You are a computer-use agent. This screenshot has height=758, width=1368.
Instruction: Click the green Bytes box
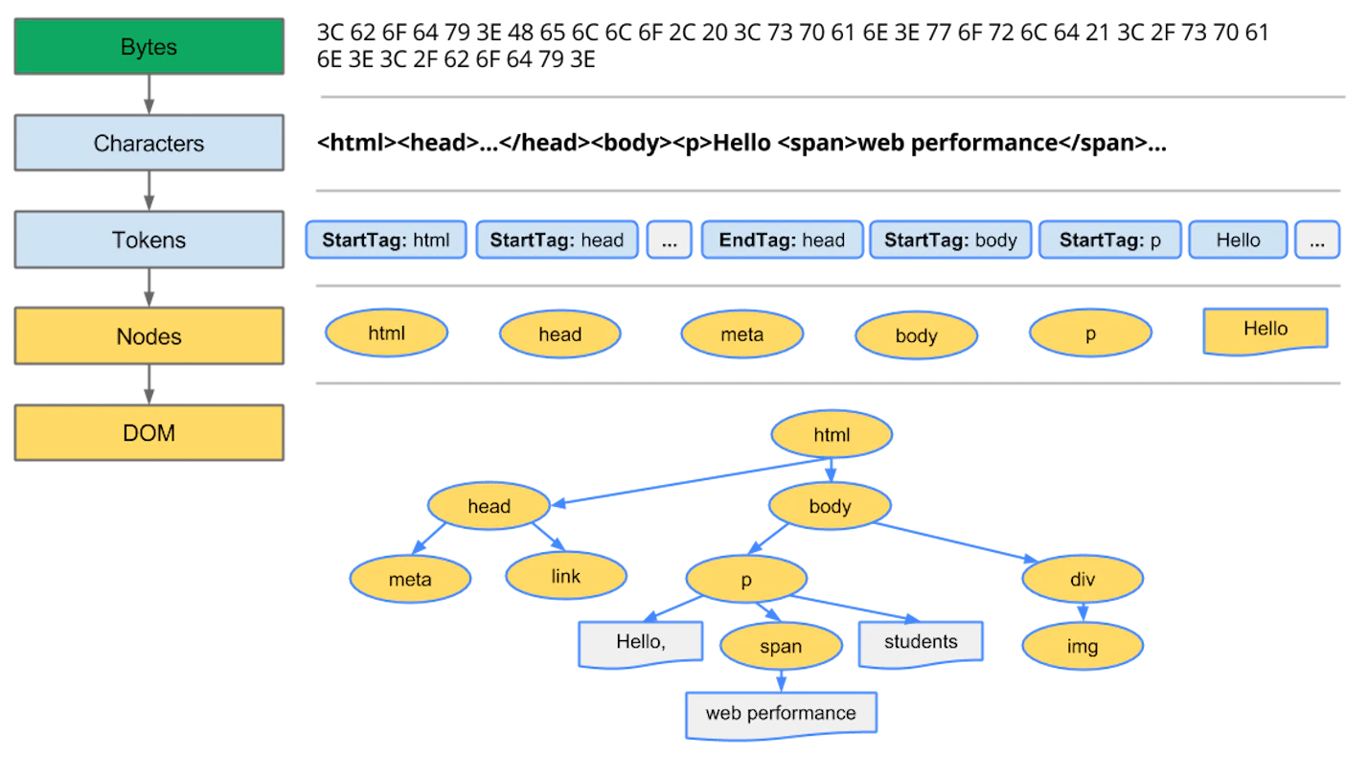pos(148,47)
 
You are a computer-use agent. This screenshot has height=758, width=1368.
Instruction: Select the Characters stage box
pos(148,144)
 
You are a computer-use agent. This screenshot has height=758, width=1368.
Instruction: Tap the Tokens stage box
pos(148,240)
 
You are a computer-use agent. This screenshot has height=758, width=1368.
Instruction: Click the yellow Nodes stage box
pos(148,336)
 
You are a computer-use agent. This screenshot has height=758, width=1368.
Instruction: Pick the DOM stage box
pos(148,433)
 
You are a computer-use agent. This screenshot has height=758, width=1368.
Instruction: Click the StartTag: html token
pos(386,241)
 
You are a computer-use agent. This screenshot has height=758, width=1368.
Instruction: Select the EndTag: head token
pos(782,241)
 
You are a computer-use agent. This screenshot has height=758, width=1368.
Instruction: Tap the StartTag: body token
pos(950,241)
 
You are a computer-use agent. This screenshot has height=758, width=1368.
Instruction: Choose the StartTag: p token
pos(1109,241)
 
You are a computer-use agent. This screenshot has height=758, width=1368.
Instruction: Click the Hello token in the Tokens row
pos(1238,241)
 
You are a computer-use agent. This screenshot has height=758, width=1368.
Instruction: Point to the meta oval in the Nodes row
pos(741,334)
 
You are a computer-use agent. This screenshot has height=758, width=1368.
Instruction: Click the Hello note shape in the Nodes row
pos(1265,331)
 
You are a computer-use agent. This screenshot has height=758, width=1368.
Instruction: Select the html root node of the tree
pos(832,435)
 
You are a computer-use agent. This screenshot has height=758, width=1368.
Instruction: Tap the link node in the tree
pos(565,577)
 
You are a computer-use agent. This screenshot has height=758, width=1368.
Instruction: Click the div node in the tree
pos(1083,580)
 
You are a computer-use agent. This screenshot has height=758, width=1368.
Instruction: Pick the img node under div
pos(1083,647)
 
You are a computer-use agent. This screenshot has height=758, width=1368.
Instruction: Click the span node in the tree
pos(780,647)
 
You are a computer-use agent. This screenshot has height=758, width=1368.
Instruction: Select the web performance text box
pos(781,714)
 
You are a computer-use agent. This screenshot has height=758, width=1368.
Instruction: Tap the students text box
pos(920,642)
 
